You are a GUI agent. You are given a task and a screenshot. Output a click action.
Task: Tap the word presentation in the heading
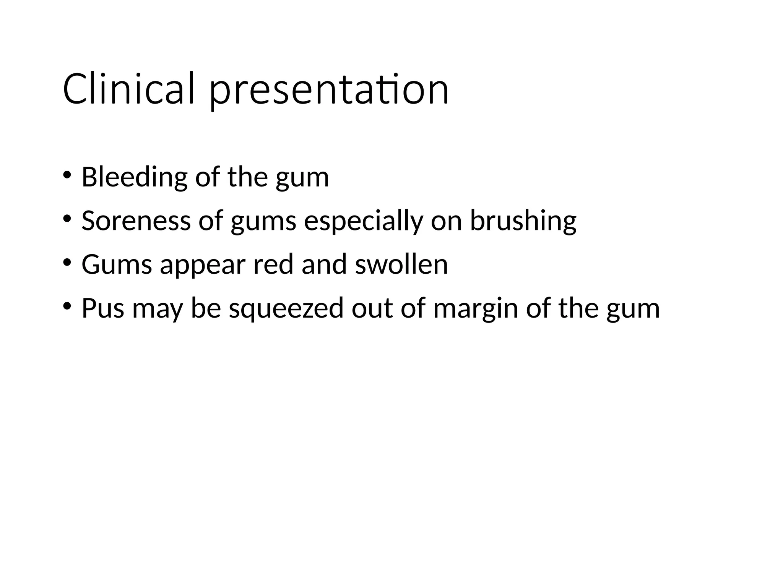(x=329, y=92)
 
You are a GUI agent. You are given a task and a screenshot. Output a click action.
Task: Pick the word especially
(x=363, y=222)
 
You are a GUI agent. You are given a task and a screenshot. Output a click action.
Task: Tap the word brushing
(x=523, y=222)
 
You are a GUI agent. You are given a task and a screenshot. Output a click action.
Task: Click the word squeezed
(x=286, y=309)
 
